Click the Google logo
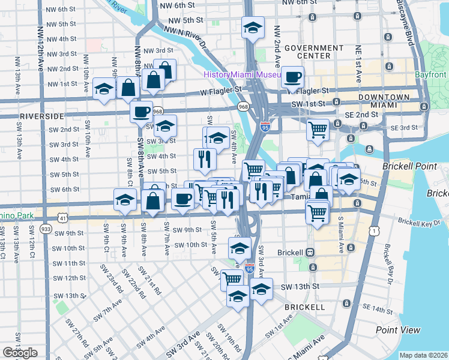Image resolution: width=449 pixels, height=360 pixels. pyautogui.click(x=20, y=353)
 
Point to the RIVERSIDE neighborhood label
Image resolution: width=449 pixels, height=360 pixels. pyautogui.click(x=41, y=115)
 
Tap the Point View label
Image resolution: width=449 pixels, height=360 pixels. pyautogui.click(x=398, y=330)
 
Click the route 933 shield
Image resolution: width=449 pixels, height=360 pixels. pyautogui.click(x=46, y=229)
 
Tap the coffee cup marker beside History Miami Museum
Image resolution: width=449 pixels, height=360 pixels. pyautogui.click(x=293, y=77)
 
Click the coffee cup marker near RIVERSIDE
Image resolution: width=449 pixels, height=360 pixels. pyautogui.click(x=142, y=112)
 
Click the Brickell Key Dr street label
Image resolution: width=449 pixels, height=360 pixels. pyautogui.click(x=418, y=223)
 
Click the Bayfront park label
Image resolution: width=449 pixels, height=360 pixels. pyautogui.click(x=430, y=75)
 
